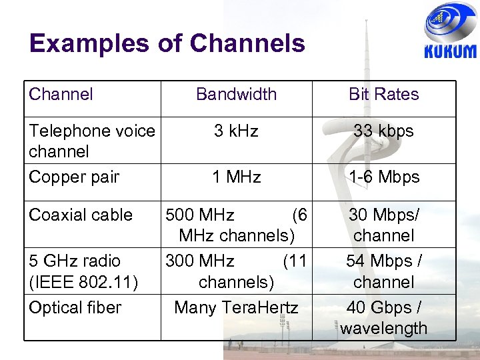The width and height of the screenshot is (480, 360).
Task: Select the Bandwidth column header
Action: click(x=236, y=94)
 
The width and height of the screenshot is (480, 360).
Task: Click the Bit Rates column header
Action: click(x=384, y=94)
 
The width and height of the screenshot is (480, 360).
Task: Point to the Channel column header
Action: click(x=61, y=94)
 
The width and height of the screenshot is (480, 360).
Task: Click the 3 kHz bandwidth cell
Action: click(x=236, y=131)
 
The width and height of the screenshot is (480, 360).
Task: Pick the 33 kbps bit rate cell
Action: click(x=384, y=131)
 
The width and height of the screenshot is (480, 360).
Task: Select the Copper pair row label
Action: click(x=74, y=177)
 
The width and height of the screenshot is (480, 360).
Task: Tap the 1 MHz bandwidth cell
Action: click(x=236, y=177)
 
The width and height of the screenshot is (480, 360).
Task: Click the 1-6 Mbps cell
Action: click(x=384, y=177)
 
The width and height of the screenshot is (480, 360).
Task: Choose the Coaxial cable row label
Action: click(x=81, y=215)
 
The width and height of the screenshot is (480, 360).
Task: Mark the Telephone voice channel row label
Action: click(x=91, y=141)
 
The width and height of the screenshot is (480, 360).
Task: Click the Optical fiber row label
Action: click(x=75, y=308)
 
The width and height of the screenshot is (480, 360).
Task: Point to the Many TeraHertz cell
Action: click(x=236, y=308)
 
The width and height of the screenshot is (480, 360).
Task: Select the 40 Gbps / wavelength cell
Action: click(x=384, y=318)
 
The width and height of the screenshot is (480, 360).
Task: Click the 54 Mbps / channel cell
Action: click(x=384, y=271)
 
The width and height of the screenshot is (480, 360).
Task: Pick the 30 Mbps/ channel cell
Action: click(x=384, y=225)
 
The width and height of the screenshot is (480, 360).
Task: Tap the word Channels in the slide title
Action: click(x=247, y=43)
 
